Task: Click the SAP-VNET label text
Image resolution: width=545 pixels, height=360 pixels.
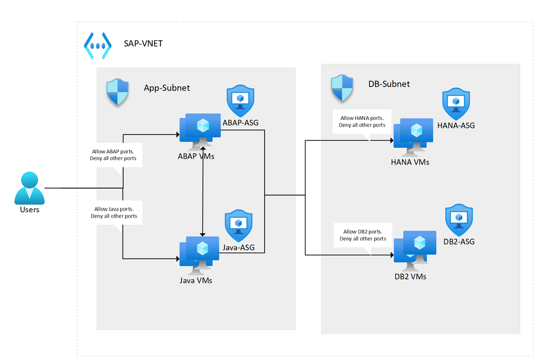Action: point(143,43)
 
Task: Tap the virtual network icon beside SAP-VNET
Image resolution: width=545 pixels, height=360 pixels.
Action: point(97,45)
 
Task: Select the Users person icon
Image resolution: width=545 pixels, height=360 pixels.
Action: point(29,188)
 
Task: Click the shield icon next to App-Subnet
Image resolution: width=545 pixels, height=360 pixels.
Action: point(117,91)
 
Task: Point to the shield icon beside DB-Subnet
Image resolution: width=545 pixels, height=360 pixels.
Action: point(343,87)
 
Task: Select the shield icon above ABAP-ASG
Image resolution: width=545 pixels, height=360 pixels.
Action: point(240,100)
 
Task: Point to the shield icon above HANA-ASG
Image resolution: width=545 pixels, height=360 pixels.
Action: point(456,104)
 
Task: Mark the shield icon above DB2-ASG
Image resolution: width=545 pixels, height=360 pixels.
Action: point(459,220)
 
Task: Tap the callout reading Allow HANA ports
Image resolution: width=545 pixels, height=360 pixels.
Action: point(362,121)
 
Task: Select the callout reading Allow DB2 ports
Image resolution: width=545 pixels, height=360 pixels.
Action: point(363,235)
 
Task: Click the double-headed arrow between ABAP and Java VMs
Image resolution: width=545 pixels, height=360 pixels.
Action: point(203,191)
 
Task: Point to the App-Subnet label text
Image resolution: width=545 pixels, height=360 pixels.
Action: point(166,87)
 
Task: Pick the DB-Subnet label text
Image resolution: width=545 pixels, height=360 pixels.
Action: point(389,83)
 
